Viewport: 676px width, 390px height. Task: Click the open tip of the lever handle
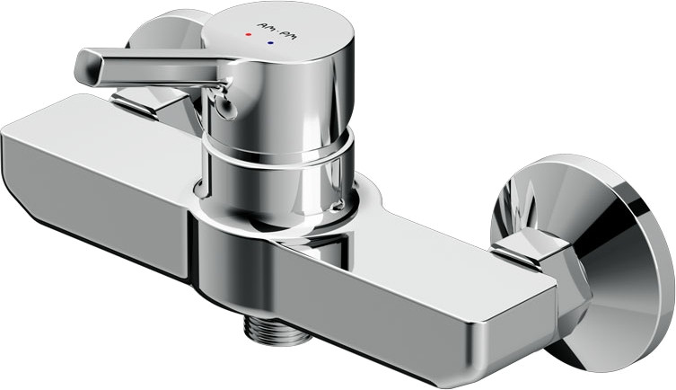point(84,64)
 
